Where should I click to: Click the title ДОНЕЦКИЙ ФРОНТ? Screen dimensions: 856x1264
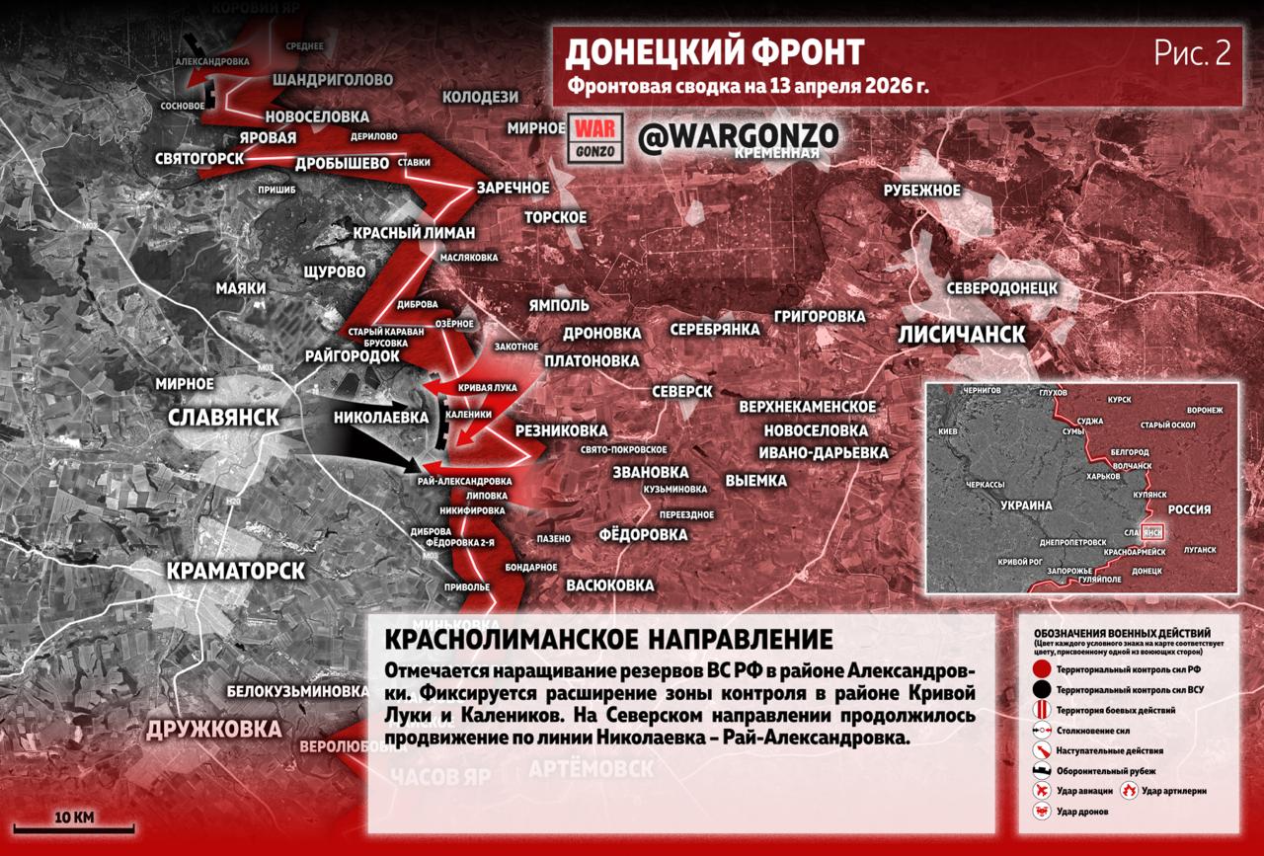(715, 51)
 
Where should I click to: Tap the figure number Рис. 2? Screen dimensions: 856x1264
(1192, 53)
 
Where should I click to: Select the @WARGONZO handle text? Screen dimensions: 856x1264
(738, 137)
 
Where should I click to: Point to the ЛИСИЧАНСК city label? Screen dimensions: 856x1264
(961, 334)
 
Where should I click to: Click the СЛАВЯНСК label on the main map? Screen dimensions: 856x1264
(223, 417)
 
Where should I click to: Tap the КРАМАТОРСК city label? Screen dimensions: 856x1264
(235, 571)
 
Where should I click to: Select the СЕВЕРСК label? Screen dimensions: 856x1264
(679, 391)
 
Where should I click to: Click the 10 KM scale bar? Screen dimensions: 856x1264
(74, 827)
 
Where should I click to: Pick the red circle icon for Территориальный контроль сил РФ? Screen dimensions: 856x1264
(1041, 669)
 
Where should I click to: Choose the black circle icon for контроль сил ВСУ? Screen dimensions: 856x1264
(1041, 689)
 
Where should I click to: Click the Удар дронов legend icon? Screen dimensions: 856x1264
(1041, 811)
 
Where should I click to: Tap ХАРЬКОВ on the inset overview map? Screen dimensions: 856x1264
(1105, 476)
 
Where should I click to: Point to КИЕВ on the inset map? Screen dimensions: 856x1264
(949, 432)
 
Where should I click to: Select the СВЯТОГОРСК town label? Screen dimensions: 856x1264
(199, 158)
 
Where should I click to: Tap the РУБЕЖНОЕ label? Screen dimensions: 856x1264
(921, 191)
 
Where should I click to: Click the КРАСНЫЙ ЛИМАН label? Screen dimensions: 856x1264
(414, 232)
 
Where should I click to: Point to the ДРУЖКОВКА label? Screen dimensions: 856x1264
(213, 730)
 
